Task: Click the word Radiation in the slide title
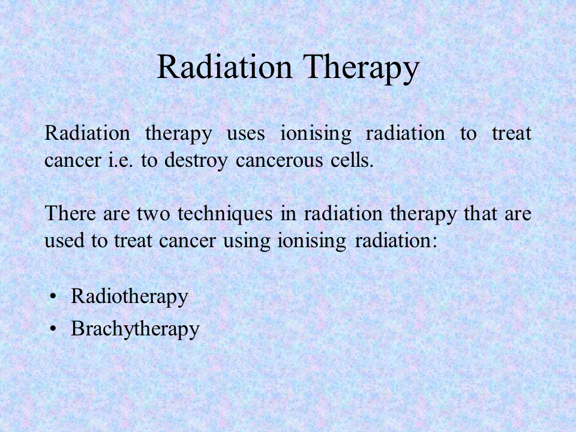click(x=224, y=67)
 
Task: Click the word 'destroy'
click(x=196, y=161)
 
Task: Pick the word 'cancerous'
click(x=279, y=161)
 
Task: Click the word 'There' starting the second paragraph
click(x=70, y=213)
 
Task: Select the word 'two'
click(x=153, y=214)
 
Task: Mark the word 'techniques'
click(x=225, y=214)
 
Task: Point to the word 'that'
click(x=480, y=213)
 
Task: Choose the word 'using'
click(x=247, y=242)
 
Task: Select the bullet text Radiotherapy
click(x=130, y=296)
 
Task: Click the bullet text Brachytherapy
click(x=135, y=329)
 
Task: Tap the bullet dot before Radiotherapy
click(x=53, y=296)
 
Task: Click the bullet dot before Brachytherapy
click(x=53, y=328)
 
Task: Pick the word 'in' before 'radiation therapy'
click(x=289, y=214)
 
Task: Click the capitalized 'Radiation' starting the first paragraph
click(x=87, y=133)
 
